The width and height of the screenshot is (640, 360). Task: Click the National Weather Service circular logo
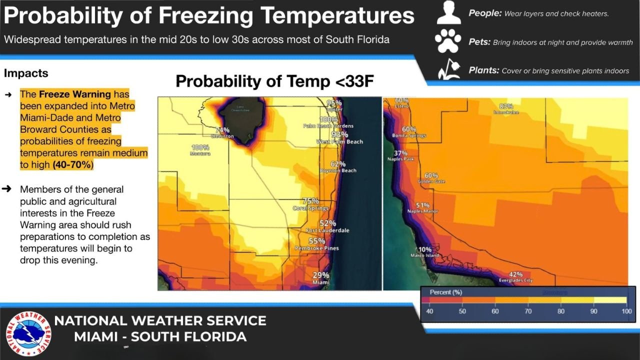click(28, 333)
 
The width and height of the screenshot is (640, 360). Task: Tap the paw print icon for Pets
click(448, 42)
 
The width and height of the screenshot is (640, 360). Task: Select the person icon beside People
click(448, 13)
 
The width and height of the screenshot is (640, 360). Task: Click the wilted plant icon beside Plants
click(448, 70)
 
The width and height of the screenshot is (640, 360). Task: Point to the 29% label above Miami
click(321, 275)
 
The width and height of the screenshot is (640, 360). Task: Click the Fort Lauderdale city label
click(328, 230)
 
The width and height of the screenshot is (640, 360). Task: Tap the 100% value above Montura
click(200, 147)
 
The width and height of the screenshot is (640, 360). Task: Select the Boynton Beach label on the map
click(338, 170)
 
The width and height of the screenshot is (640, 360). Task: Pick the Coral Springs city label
click(310, 208)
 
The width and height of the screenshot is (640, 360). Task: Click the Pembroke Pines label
click(316, 248)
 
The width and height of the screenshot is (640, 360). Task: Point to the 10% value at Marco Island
click(425, 249)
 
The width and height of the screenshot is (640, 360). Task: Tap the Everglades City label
click(516, 280)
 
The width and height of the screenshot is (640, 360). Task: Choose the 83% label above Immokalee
click(506, 106)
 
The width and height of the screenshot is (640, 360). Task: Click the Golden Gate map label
click(431, 181)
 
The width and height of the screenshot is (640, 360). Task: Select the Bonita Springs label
click(408, 135)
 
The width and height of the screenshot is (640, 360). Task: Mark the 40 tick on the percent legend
click(429, 311)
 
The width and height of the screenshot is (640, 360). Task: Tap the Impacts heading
click(26, 73)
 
